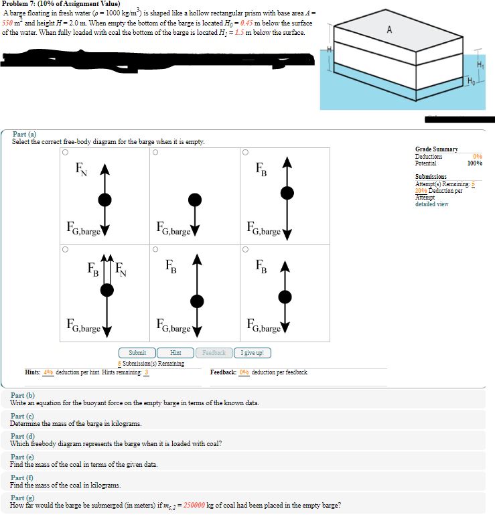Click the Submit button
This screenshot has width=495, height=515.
coord(137,353)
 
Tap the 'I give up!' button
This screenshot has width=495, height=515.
coord(252,353)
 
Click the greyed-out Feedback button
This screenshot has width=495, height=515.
coord(214,353)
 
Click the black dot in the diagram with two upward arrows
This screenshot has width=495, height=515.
coord(106,289)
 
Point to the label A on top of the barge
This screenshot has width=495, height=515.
coord(389,29)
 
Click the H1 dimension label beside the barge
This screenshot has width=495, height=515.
coord(479,64)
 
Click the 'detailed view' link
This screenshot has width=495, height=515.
coord(431,204)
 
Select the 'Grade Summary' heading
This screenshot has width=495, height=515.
coord(436,149)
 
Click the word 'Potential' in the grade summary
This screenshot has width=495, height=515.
coord(425,163)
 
